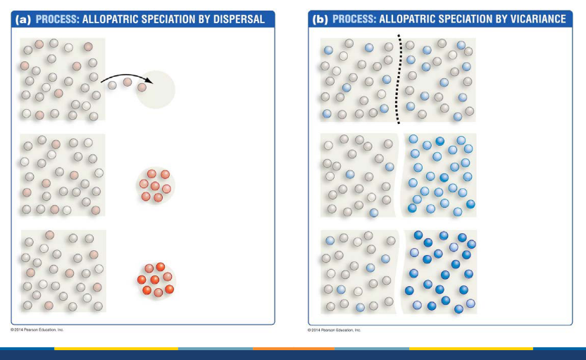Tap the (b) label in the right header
(x=320, y=19)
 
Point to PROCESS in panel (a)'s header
(x=56, y=19)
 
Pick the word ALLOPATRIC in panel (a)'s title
(x=111, y=19)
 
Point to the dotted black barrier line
(x=399, y=77)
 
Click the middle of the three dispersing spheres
(x=127, y=83)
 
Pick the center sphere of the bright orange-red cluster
(x=155, y=279)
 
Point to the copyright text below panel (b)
(x=334, y=329)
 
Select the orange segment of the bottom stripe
(x=293, y=348)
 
